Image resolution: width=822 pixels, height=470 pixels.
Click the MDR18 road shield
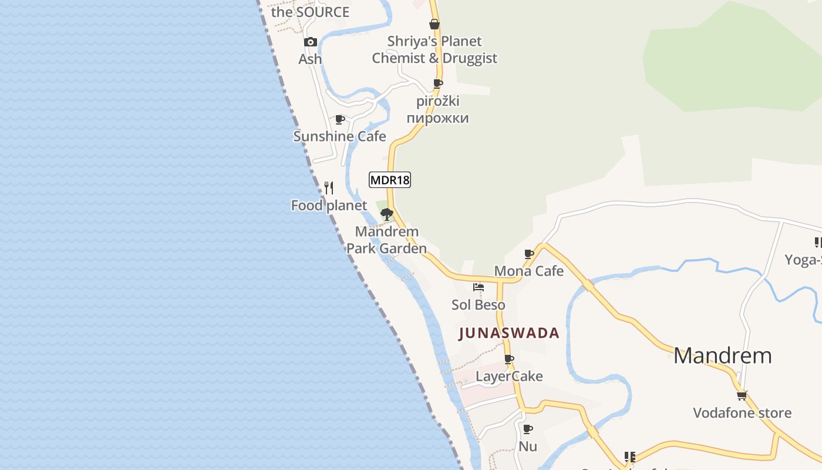point(390,180)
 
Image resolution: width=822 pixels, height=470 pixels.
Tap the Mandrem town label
point(722,355)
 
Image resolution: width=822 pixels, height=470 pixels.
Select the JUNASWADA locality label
point(508,333)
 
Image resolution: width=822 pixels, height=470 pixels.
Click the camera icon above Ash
point(310,42)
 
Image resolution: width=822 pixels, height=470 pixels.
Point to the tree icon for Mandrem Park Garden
point(386,214)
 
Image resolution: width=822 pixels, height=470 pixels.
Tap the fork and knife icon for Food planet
point(329,188)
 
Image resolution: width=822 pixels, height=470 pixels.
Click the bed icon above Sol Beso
point(479,287)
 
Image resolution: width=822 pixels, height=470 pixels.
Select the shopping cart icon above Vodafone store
point(742,395)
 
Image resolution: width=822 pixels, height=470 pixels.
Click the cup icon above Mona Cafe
point(528,254)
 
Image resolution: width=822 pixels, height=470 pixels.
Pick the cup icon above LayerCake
point(509,359)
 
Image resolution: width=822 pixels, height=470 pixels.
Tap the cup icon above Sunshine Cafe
point(339,119)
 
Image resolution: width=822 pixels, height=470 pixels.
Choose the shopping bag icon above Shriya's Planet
point(434,24)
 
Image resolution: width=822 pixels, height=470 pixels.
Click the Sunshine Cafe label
point(339,136)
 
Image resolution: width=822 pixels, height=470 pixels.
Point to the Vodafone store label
point(742,413)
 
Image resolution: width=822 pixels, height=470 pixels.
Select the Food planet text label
point(329,206)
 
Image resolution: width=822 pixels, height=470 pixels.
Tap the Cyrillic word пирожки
point(438,118)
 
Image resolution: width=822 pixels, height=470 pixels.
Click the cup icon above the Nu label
point(528,429)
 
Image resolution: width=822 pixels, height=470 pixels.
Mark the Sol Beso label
point(478,305)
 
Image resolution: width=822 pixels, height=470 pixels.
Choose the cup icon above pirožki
point(437,83)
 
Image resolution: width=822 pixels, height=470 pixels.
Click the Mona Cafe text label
point(528,271)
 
